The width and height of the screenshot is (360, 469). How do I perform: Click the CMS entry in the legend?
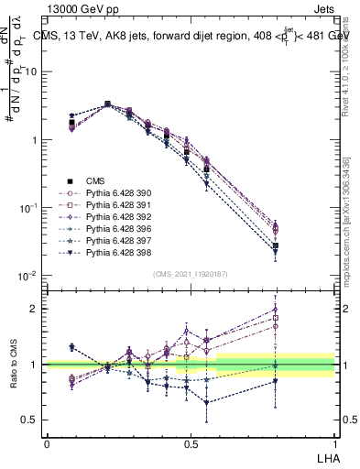pos(94,180)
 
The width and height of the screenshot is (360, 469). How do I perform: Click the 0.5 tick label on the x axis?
pos(191,443)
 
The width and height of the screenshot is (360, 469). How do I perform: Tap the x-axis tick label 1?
pos(334,443)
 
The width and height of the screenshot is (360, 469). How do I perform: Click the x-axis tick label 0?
pos(47,443)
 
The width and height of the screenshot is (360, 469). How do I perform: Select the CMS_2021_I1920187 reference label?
pos(191,274)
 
